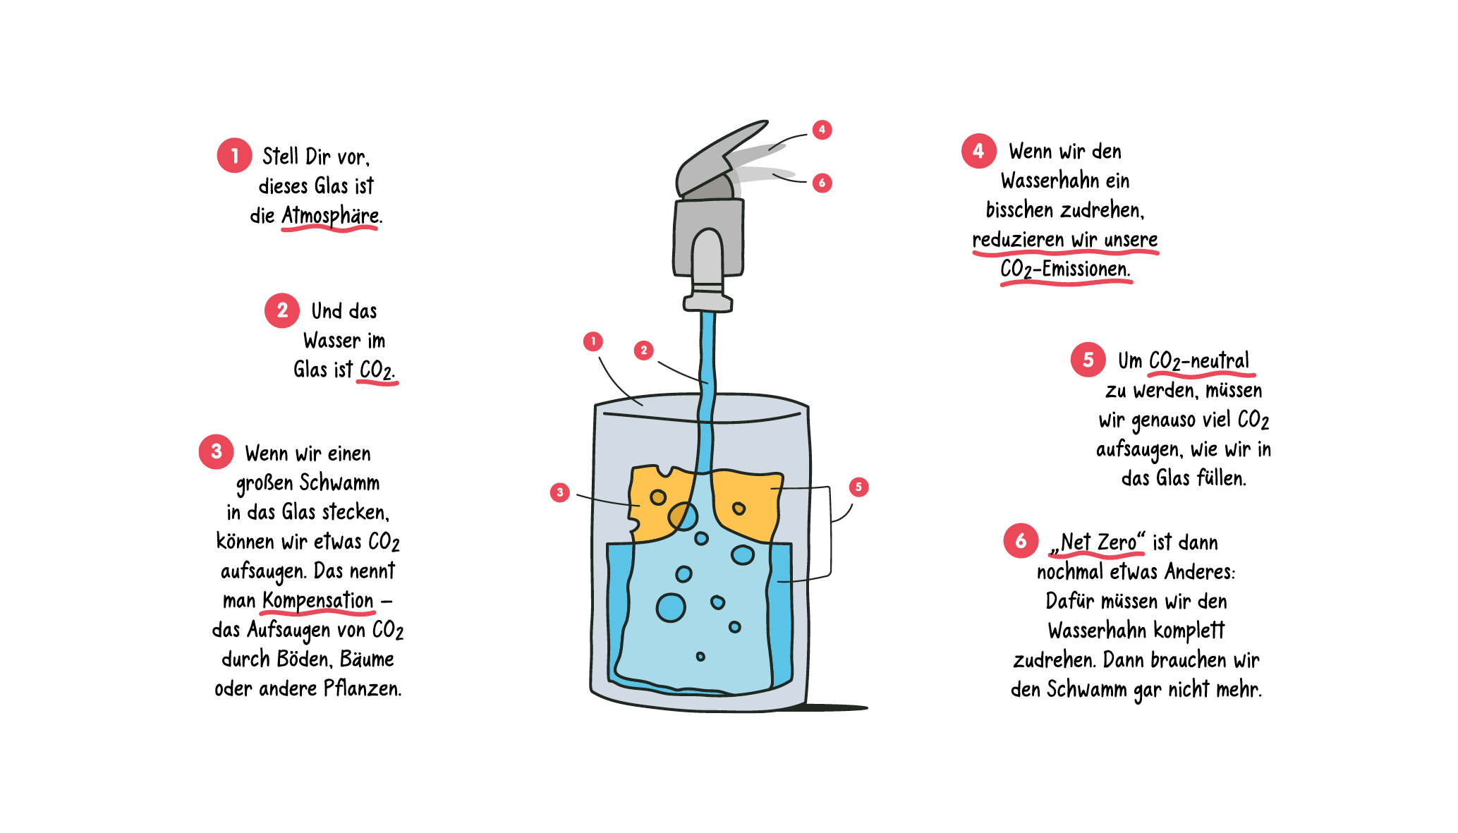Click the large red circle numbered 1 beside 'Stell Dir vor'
(234, 155)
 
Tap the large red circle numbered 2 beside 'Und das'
(282, 310)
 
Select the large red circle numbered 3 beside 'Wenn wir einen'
(217, 451)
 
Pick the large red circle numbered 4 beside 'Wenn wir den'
(979, 150)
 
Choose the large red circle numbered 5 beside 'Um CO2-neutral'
(1088, 359)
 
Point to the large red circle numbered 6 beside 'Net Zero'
(1021, 541)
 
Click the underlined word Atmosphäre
(330, 216)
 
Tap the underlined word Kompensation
(317, 601)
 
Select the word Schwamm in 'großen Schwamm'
(339, 482)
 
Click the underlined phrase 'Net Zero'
(1098, 542)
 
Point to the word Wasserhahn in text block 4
(1040, 181)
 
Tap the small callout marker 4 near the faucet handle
(822, 130)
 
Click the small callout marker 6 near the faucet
(822, 183)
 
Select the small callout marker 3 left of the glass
(559, 492)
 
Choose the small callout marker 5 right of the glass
(858, 487)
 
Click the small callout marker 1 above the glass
(593, 341)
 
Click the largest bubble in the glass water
(670, 607)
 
